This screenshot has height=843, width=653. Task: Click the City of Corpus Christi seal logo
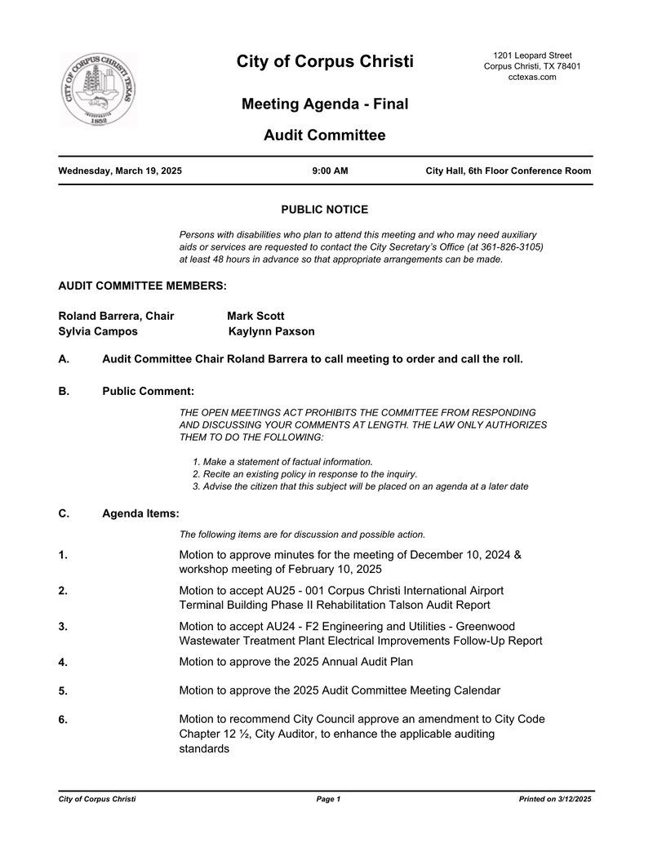(98, 90)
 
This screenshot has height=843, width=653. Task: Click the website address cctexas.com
(531, 78)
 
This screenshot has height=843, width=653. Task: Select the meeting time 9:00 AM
(330, 171)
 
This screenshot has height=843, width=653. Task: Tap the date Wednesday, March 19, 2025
(120, 171)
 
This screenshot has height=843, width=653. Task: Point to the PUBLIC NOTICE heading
(324, 210)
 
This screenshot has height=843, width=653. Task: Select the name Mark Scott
(255, 316)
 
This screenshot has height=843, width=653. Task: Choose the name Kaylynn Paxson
(271, 331)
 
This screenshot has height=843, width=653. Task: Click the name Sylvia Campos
(98, 331)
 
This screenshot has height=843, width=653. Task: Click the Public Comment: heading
(148, 392)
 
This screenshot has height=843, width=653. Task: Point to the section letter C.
(64, 513)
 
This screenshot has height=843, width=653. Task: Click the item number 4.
(63, 663)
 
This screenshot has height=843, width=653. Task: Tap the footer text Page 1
(327, 799)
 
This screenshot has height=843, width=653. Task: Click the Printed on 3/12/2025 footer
(554, 799)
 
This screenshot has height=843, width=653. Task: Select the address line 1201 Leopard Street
(531, 55)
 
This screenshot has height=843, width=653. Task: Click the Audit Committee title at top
(324, 135)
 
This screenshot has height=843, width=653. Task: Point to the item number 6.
(63, 720)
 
